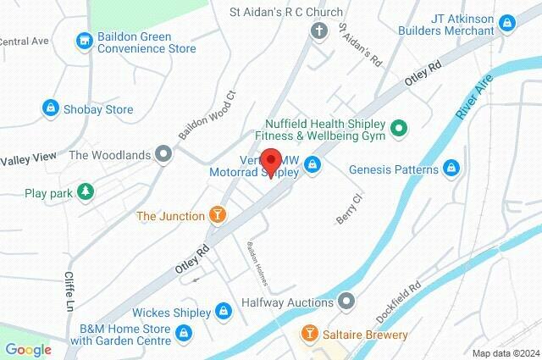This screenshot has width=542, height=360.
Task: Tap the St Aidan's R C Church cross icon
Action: coord(318,32)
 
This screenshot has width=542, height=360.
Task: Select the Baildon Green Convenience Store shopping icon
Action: coord(83,39)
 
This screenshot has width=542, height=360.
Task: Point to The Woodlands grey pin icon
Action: coord(163,154)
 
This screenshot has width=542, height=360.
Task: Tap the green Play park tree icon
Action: coord(84,192)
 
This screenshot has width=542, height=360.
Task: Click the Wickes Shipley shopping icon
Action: coord(224,311)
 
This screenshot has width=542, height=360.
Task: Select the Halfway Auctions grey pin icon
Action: coord(346,301)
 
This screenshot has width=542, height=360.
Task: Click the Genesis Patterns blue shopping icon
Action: coord(452,169)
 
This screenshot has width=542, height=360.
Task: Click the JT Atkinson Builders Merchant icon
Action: coord(507,23)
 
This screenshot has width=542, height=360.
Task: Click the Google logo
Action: coord(27,349)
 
